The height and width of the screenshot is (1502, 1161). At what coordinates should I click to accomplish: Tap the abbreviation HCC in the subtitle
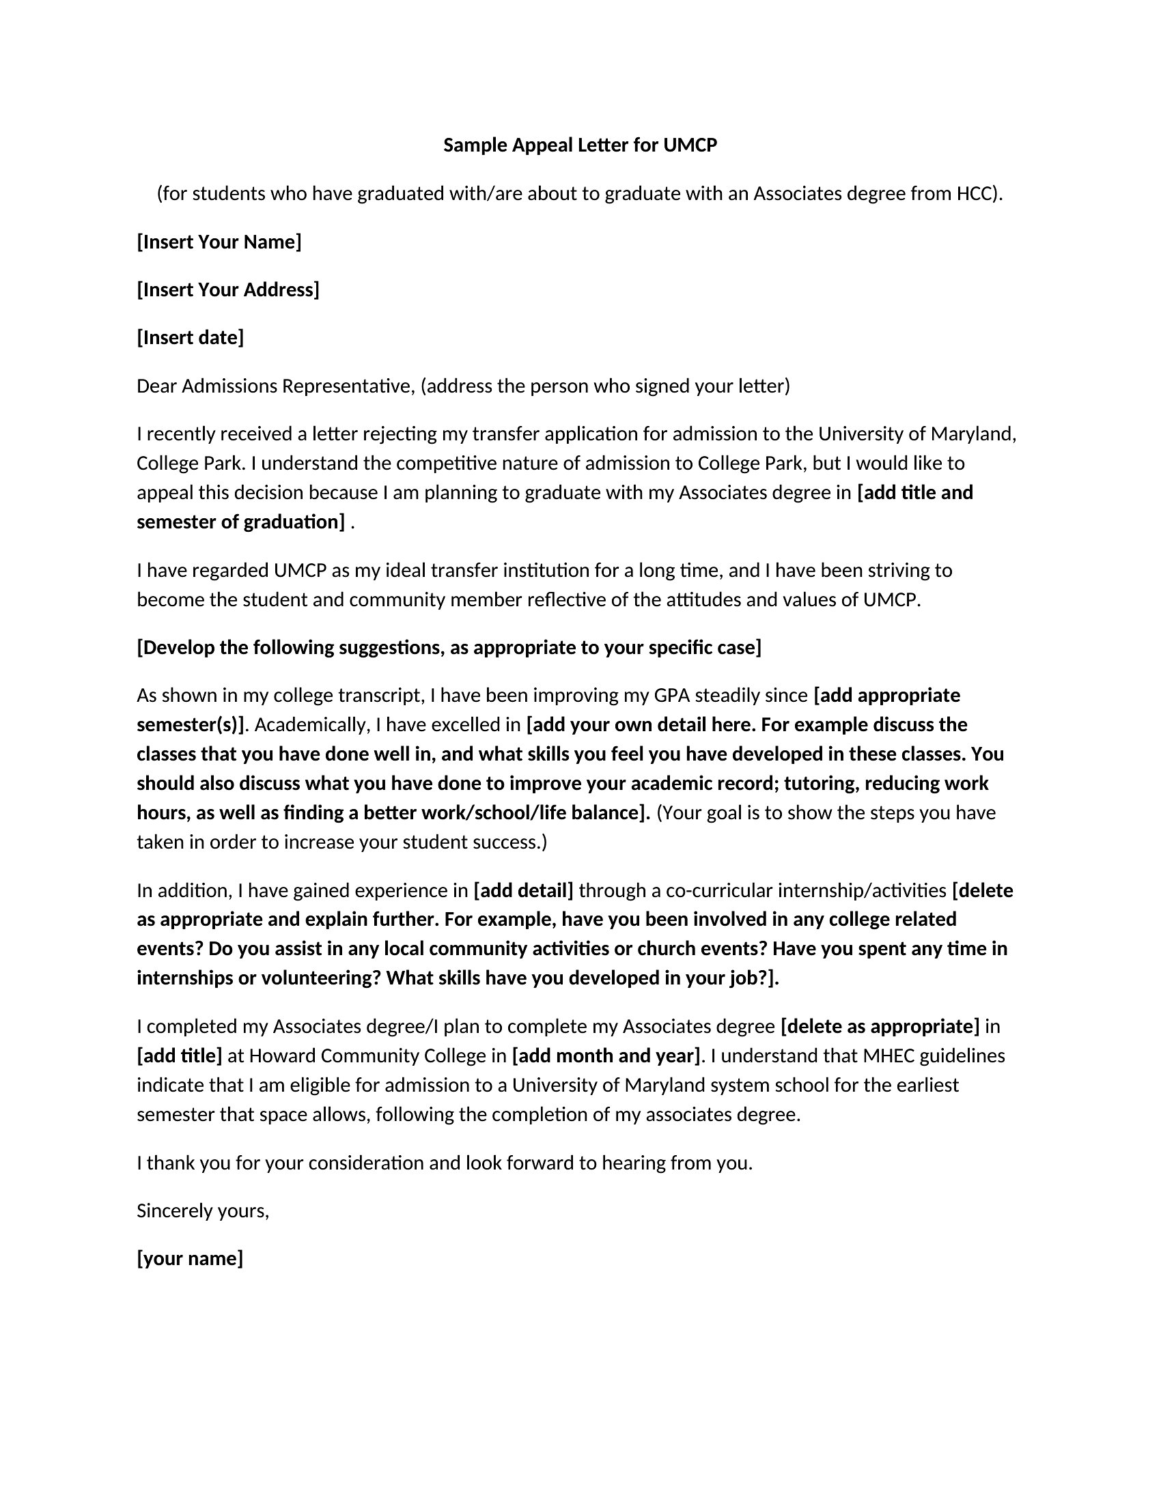click(x=975, y=194)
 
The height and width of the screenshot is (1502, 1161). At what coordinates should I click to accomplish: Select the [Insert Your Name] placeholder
click(x=219, y=242)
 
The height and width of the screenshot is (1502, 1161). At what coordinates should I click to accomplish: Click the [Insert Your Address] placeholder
click(x=227, y=290)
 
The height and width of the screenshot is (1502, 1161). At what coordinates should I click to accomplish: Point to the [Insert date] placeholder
click(x=190, y=338)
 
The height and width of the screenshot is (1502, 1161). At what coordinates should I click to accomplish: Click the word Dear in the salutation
click(x=156, y=386)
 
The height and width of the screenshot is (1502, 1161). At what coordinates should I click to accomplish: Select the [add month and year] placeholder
click(x=606, y=1055)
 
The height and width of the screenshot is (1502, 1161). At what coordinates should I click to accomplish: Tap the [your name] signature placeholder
click(x=190, y=1258)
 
